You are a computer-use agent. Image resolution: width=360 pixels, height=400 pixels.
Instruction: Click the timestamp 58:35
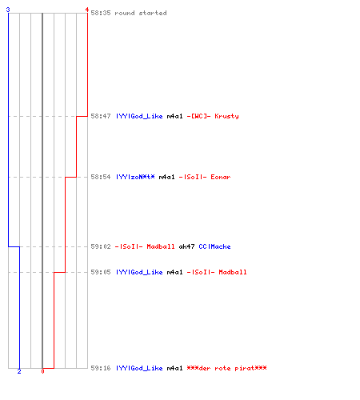pos(101,13)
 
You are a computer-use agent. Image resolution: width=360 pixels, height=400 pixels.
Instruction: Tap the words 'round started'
pos(141,13)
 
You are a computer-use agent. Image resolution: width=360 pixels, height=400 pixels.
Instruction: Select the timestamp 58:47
pos(101,116)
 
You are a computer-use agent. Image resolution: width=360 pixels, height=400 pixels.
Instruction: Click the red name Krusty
pos(226,116)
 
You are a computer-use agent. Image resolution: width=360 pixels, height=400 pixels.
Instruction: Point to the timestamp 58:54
pos(101,177)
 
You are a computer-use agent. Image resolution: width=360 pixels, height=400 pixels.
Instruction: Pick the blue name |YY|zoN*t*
pos(135,177)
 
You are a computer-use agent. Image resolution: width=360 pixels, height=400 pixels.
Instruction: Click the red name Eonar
pos(221,177)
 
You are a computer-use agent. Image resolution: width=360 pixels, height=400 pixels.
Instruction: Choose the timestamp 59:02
pos(101,246)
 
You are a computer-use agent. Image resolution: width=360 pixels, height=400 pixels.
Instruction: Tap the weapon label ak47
pos(186,246)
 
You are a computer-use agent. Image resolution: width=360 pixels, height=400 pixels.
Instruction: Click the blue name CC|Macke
pos(214,246)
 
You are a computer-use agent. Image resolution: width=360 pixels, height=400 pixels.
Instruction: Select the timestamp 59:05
pos(101,272)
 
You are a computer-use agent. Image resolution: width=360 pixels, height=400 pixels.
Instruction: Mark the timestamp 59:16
pos(101,368)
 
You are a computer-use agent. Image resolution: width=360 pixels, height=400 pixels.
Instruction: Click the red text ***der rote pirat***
pos(226,368)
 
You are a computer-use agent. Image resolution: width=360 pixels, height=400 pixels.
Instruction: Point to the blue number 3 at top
pos(8,10)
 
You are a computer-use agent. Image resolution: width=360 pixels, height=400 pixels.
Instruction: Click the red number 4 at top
pos(87,10)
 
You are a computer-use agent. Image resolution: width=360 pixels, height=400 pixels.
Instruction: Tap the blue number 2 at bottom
pos(19,371)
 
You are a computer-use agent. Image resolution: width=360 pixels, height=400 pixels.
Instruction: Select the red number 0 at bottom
pos(42,371)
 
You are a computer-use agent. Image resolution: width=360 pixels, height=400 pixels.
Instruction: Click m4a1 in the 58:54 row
pos(166,177)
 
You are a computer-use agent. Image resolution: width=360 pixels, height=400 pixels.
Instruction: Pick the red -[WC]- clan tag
pos(198,116)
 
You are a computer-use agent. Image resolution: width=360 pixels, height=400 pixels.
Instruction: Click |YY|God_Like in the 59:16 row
pos(139,368)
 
